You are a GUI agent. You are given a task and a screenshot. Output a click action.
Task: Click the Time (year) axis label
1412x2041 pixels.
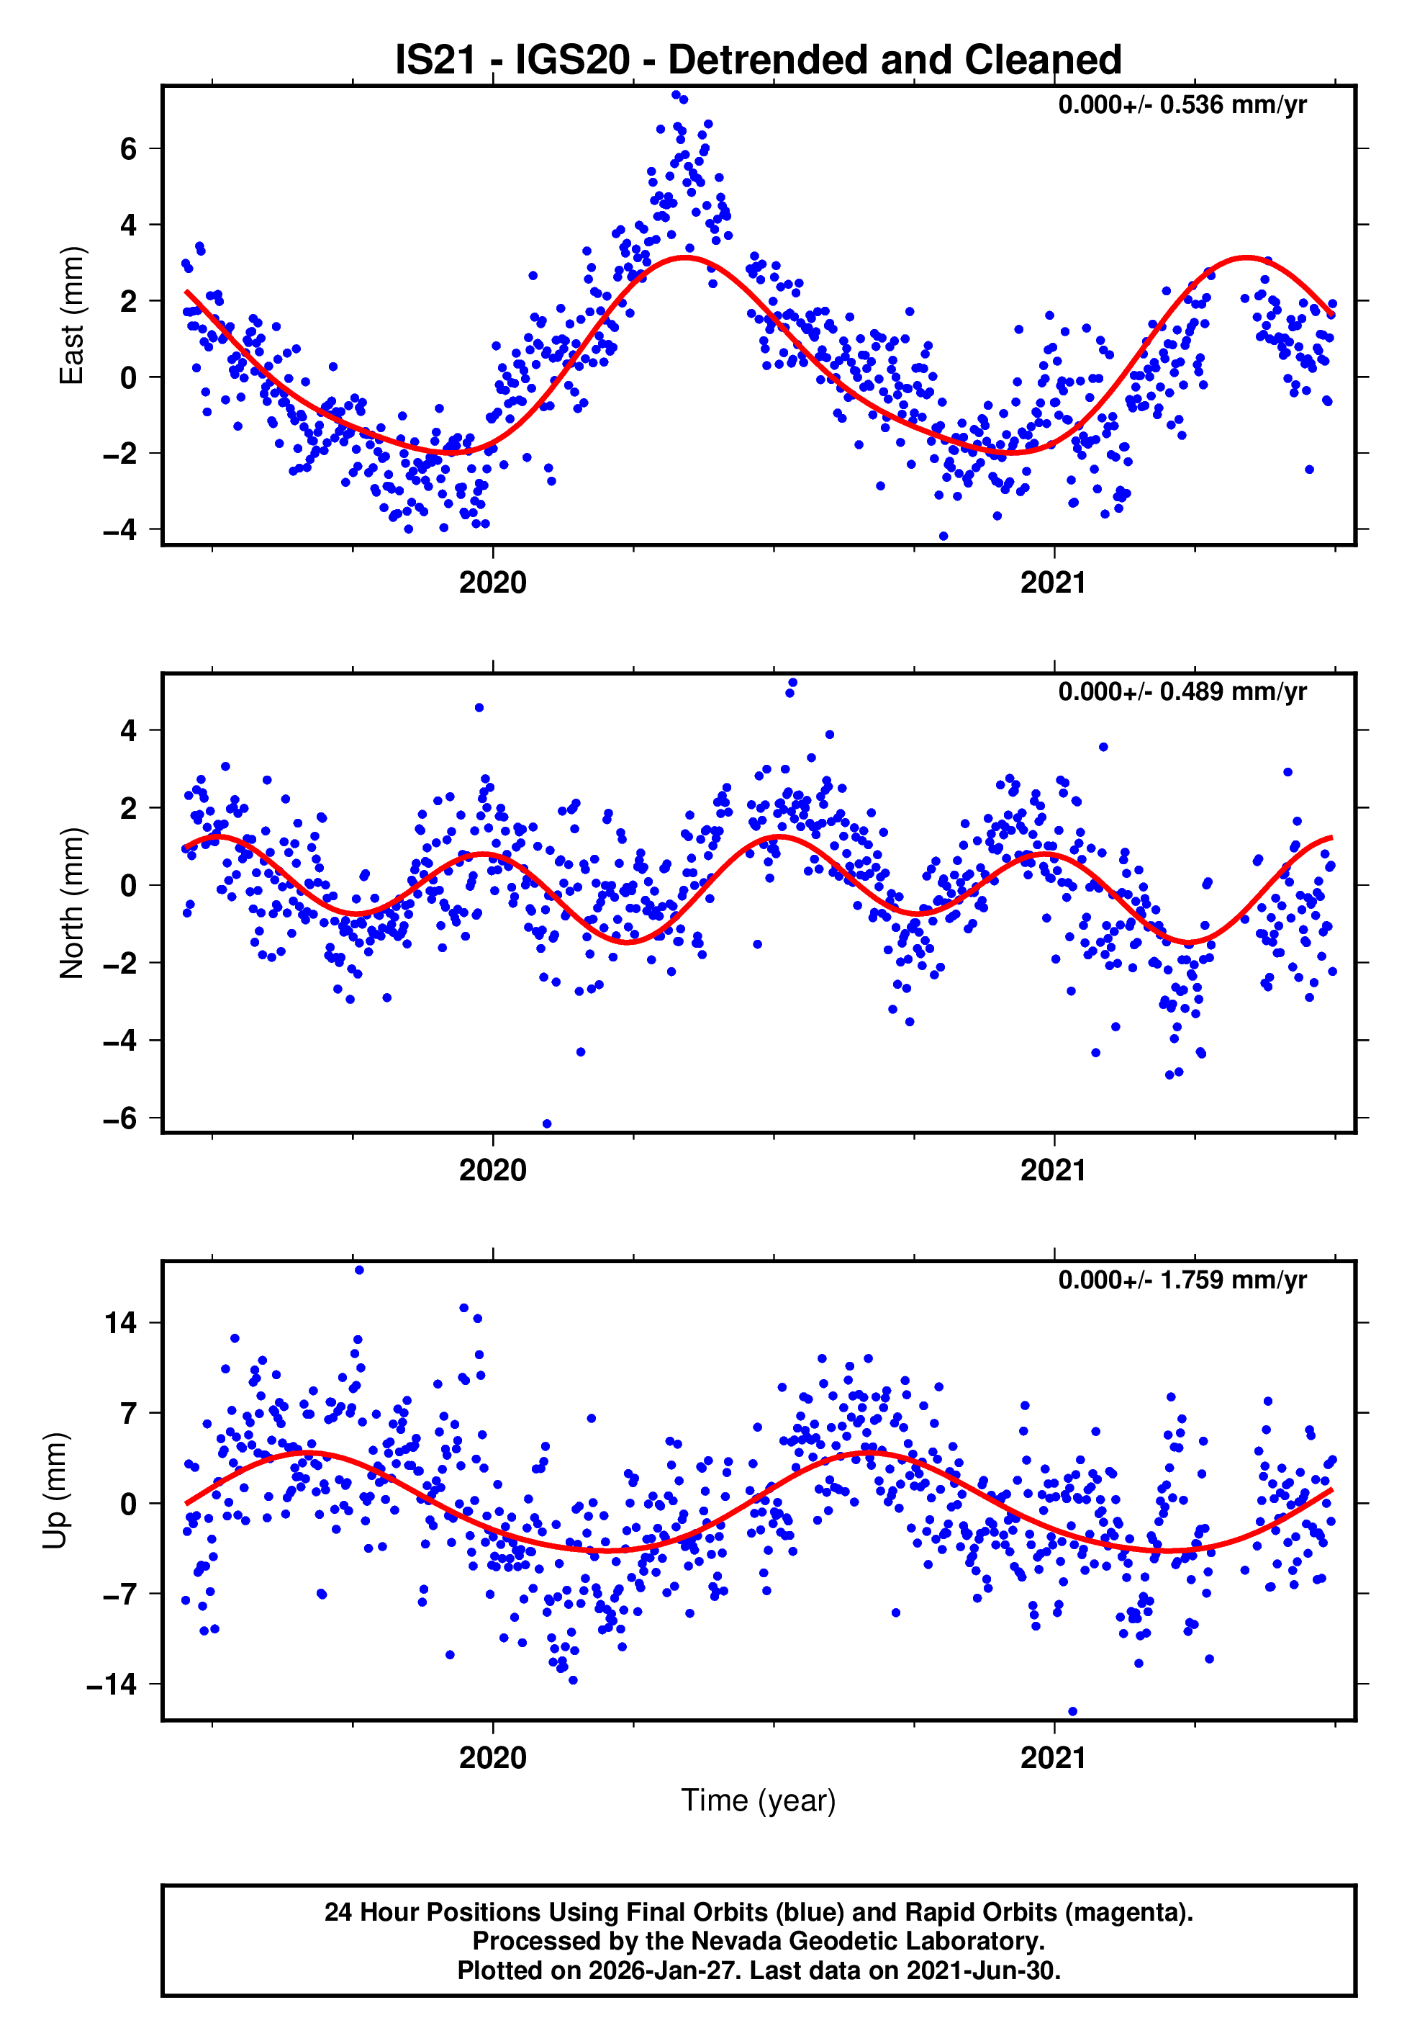tap(759, 1800)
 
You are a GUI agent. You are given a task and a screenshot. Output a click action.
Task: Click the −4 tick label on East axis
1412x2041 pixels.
tap(119, 530)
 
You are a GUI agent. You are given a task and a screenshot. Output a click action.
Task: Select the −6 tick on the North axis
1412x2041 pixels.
tap(119, 1118)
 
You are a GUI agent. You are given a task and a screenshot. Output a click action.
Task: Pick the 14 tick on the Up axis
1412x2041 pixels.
tap(120, 1323)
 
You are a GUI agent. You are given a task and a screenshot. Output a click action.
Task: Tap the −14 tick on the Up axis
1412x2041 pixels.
tap(112, 1685)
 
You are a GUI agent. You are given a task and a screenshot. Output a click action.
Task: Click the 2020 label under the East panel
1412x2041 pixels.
tap(493, 583)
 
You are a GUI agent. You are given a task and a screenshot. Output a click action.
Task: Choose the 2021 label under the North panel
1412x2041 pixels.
tap(1053, 1170)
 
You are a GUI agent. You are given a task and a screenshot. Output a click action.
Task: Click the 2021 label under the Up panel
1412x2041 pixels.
tap(1053, 1757)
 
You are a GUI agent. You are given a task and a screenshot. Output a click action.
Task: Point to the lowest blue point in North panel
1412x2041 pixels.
tap(547, 1124)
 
